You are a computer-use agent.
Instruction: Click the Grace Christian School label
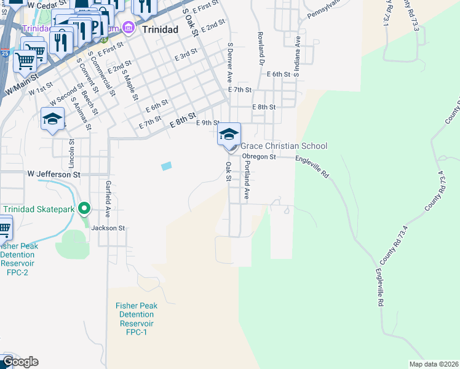coord(284,146)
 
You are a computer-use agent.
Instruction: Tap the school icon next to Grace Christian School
coord(229,134)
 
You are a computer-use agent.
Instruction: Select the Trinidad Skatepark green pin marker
coord(85,210)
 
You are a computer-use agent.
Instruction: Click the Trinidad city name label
coord(159,29)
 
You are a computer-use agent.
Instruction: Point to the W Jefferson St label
coord(54,175)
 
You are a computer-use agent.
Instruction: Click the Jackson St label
coord(108,228)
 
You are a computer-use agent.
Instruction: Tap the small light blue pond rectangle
coord(166,166)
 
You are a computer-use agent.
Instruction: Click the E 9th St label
coord(208,123)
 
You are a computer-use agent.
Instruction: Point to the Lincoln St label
coord(72,154)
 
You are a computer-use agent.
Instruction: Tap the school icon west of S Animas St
coord(52,119)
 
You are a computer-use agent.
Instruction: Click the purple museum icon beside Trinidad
coord(128,27)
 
